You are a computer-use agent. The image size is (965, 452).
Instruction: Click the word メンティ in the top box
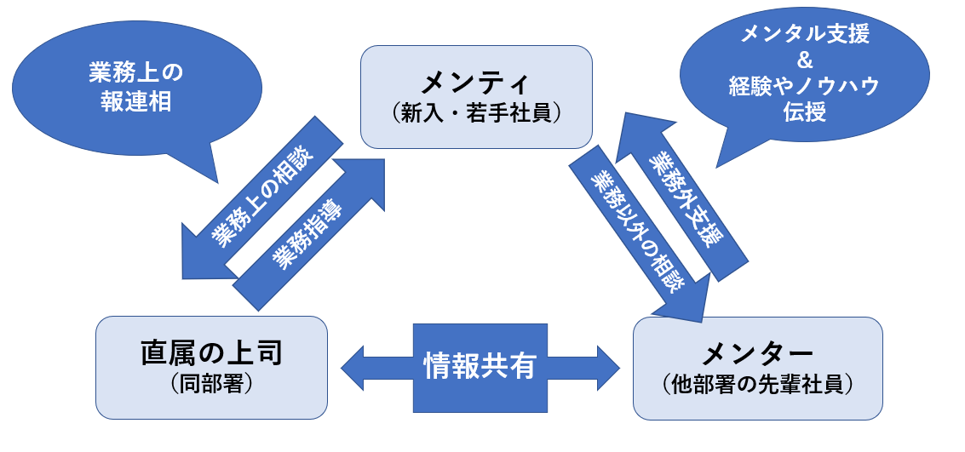pos(475,83)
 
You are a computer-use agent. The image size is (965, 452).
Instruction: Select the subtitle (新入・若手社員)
pos(475,113)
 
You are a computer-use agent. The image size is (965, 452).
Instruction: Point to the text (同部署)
pos(211,383)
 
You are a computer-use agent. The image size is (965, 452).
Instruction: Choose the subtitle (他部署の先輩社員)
pos(758,384)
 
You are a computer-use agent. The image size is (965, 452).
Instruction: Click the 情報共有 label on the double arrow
pos(480,366)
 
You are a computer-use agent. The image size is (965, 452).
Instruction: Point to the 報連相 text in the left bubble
pos(136,101)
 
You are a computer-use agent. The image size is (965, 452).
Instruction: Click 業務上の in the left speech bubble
pos(136,73)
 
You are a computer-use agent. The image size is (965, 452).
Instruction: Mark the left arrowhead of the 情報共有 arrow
pos(351,366)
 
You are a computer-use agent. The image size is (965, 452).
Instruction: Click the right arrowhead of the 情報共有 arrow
pos(609,366)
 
